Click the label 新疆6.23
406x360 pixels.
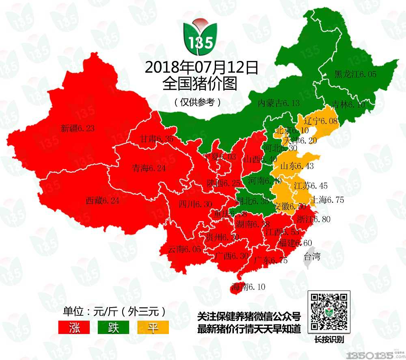(78, 129)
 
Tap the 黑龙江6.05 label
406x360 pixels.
(355, 74)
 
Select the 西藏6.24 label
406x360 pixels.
(102, 200)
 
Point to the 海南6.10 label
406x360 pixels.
(248, 287)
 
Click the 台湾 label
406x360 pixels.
(312, 256)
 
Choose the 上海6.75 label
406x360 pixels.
(327, 200)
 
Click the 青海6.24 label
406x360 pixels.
(149, 168)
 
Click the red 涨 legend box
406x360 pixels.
(74, 327)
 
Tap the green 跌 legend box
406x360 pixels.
(113, 327)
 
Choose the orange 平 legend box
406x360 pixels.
(153, 327)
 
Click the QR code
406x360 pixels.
(329, 312)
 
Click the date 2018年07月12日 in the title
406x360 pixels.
(201, 67)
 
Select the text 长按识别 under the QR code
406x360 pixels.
(329, 340)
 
